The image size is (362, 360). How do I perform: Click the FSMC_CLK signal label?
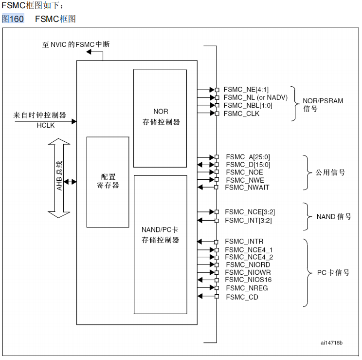241,114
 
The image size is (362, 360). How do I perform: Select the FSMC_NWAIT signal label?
247,187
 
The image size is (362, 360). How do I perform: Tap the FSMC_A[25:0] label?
248,157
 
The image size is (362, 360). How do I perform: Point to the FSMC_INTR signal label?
244,242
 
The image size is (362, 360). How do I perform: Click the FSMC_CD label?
242,297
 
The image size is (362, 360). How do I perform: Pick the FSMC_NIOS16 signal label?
248,280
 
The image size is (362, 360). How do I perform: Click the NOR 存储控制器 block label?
161,117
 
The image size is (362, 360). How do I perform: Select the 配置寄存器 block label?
108,181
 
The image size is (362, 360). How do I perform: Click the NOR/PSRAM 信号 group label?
323,105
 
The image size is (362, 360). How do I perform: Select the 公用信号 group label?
330,172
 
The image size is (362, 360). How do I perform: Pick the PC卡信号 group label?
333,273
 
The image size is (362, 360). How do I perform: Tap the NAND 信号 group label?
334,217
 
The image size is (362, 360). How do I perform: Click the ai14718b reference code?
331,343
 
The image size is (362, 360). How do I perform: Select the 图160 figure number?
13,19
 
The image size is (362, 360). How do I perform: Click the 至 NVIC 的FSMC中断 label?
76,44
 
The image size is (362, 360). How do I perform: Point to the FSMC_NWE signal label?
244,180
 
